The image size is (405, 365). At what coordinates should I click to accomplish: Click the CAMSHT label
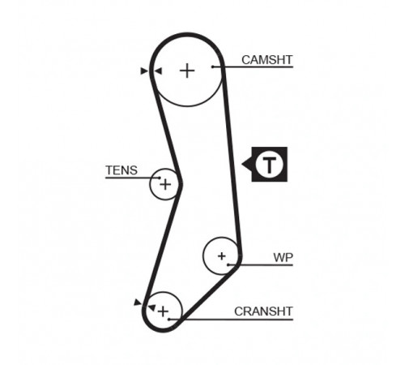point(266,60)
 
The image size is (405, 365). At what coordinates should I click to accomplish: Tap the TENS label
point(122,170)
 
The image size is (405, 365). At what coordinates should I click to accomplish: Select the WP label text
point(283,258)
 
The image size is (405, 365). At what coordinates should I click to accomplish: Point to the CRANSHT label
point(263,311)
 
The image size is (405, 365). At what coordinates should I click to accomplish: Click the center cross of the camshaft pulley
point(187,71)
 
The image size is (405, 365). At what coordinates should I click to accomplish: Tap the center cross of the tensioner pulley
point(165,185)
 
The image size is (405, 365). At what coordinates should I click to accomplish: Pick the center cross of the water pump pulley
point(222,255)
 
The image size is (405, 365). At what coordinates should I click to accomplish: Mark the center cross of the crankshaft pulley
point(163,311)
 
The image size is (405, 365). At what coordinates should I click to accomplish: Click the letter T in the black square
point(269,164)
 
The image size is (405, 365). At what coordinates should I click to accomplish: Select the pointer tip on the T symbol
point(241,164)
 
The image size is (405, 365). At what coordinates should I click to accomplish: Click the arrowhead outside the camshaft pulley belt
point(144,71)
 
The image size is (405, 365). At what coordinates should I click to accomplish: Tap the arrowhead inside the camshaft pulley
point(158,71)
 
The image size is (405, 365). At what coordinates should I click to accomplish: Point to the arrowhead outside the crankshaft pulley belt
point(138,303)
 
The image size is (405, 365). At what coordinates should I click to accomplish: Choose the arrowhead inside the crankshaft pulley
point(151,307)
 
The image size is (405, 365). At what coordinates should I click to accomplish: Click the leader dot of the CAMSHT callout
point(213,67)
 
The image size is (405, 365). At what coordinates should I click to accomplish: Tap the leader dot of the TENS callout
point(160,178)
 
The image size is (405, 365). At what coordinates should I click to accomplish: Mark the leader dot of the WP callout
point(228,264)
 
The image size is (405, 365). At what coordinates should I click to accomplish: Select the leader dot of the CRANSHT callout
point(169,320)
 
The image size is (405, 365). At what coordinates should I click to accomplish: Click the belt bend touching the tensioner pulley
point(181,185)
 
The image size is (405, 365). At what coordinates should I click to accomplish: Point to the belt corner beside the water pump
point(239,260)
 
